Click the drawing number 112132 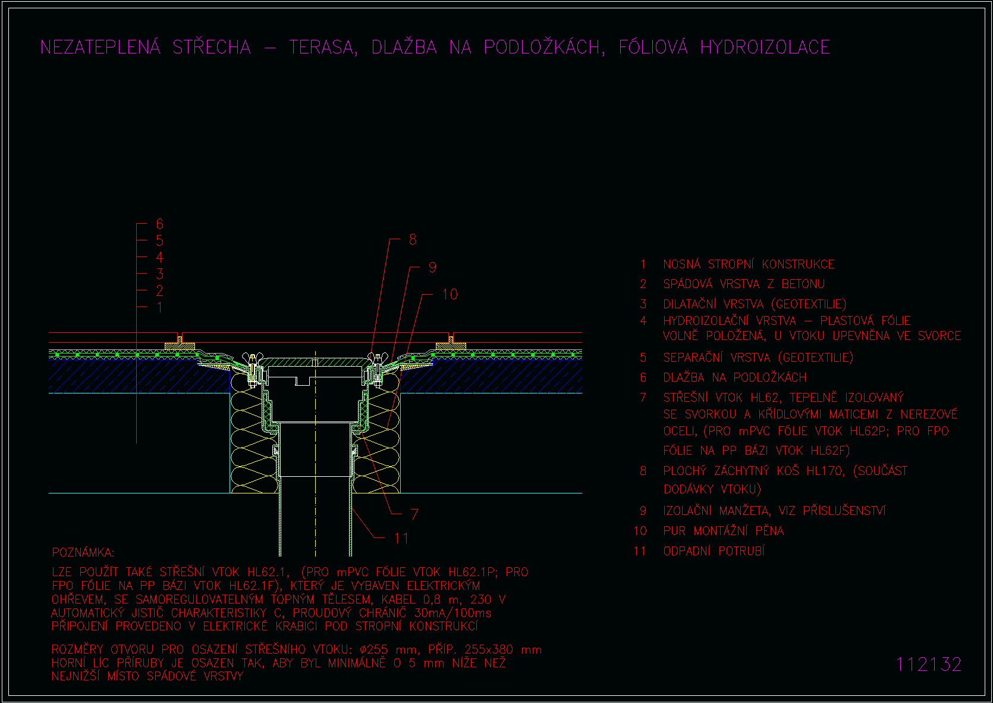(x=928, y=665)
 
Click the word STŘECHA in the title (x=212, y=46)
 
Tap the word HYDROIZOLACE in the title (x=765, y=47)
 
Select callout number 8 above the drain (x=413, y=240)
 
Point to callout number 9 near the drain (x=433, y=267)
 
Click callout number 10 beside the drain (x=450, y=294)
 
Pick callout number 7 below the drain (x=414, y=514)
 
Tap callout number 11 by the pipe (x=401, y=538)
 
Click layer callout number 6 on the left (x=159, y=224)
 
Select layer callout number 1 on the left (x=159, y=307)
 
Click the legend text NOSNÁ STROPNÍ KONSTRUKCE (x=749, y=264)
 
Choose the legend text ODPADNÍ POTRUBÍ (x=714, y=551)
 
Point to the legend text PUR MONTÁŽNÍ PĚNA (x=724, y=530)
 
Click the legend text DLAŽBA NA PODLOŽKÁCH (x=734, y=377)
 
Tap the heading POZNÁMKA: (x=83, y=552)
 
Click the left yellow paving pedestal (x=180, y=345)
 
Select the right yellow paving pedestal (x=451, y=345)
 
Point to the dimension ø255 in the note (x=374, y=649)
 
